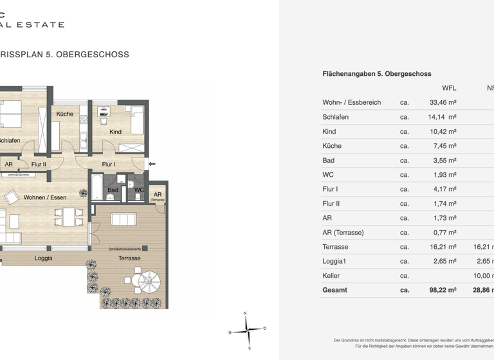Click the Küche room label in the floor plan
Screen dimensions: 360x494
pyautogui.click(x=64, y=114)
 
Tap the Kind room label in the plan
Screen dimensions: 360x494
pyautogui.click(x=115, y=132)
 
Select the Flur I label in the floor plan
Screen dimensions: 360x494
pyautogui.click(x=109, y=165)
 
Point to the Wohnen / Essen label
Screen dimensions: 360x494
pyautogui.click(x=44, y=197)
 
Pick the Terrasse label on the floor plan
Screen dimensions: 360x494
pyautogui.click(x=129, y=258)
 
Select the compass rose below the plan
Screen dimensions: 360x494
pyautogui.click(x=247, y=330)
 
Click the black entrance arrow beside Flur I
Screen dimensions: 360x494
pyautogui.click(x=152, y=165)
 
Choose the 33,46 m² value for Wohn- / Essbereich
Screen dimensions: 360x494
pyautogui.click(x=443, y=102)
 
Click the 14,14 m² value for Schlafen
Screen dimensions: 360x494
pyautogui.click(x=443, y=117)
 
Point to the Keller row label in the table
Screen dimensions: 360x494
pyautogui.click(x=331, y=276)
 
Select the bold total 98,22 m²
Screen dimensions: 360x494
pyautogui.click(x=443, y=290)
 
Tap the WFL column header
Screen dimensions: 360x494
pyautogui.click(x=449, y=88)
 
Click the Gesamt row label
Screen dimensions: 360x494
pyautogui.click(x=334, y=290)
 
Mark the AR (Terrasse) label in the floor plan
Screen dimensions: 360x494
pyautogui.click(x=158, y=196)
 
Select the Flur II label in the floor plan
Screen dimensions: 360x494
pyautogui.click(x=39, y=165)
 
